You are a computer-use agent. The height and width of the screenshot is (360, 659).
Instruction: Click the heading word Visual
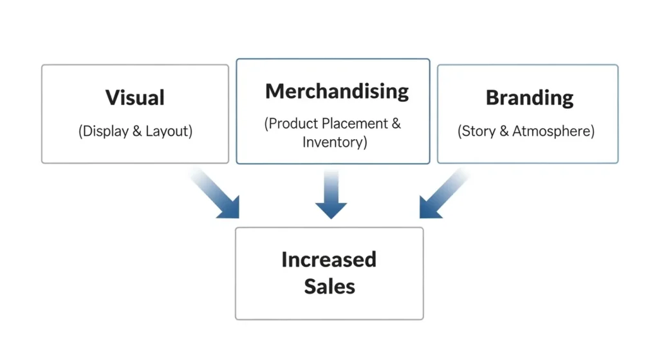[x=135, y=98]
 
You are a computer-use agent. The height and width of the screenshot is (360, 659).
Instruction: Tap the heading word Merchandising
[x=337, y=91]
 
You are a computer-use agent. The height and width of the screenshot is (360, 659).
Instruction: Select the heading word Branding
[x=529, y=98]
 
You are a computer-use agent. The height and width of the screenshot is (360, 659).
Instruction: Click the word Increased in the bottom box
[x=329, y=260]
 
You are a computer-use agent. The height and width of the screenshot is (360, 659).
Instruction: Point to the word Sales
[x=329, y=286]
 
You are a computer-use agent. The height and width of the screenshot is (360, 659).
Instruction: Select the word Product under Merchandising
[x=292, y=124]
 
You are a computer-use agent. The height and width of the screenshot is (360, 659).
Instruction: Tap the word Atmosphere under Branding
[x=553, y=131]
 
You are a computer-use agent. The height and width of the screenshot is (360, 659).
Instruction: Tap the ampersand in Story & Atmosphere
[x=504, y=131]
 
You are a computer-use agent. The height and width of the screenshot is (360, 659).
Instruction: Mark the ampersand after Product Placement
[x=395, y=124]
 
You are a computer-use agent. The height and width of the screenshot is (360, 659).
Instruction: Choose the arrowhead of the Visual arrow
[x=230, y=209]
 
